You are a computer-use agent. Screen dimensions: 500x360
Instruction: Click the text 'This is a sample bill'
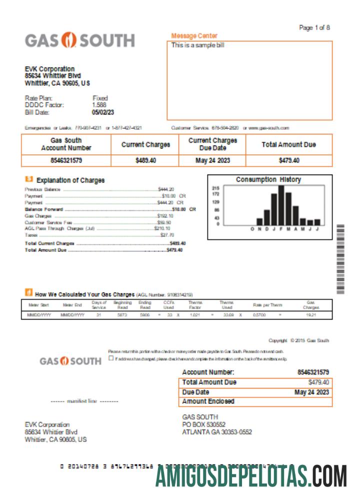[197, 45]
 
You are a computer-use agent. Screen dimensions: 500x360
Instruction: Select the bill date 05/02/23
[103, 112]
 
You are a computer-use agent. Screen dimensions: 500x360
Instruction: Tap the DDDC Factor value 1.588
[99, 105]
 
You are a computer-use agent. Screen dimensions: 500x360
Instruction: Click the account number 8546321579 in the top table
[66, 160]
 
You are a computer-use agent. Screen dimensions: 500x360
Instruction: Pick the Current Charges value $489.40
[145, 160]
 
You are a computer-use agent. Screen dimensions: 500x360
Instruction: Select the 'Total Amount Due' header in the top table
[288, 144]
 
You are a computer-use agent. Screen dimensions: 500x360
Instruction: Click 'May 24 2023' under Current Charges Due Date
[212, 160]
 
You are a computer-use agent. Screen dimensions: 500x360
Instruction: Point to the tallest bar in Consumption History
[281, 205]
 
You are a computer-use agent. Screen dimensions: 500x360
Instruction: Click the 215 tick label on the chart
[216, 187]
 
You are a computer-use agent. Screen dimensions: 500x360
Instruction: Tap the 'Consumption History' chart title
[268, 179]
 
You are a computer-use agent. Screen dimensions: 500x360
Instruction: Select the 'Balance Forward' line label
[44, 209]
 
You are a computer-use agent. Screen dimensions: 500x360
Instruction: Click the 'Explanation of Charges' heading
[70, 180]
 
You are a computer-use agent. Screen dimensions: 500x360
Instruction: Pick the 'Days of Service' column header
[99, 305]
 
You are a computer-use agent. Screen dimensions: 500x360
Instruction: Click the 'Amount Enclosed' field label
[208, 401]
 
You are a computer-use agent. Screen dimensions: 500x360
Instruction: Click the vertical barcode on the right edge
[341, 259]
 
